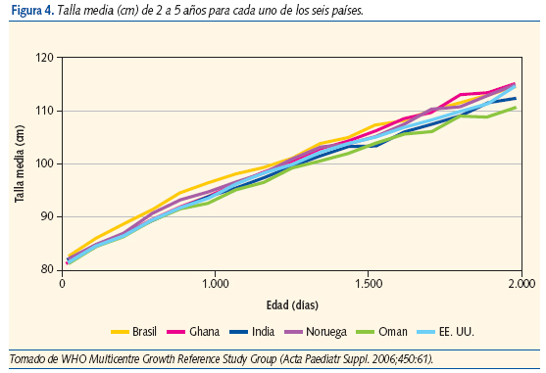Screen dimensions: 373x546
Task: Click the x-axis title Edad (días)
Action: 289,303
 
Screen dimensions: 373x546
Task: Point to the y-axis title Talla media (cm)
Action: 19,163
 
